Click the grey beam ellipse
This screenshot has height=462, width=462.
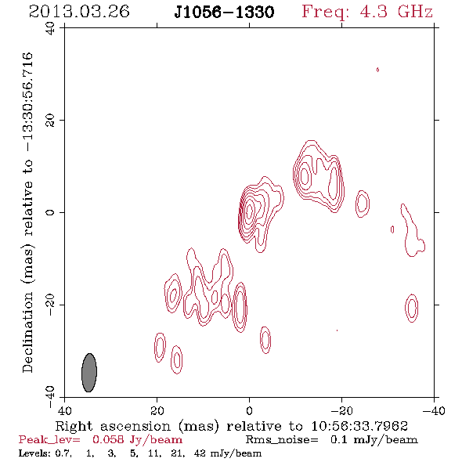[89, 373]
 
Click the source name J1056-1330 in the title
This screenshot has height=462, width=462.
[224, 13]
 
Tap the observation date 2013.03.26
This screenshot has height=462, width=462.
[79, 12]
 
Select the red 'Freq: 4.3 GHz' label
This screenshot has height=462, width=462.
[367, 13]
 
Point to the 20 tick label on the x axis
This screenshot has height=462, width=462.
[157, 410]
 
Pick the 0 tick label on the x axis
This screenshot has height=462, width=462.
[249, 410]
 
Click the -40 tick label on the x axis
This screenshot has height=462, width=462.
[433, 410]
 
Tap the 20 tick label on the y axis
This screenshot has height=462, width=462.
[50, 121]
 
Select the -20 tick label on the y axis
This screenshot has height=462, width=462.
[50, 304]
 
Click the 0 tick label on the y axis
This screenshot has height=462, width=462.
[50, 212]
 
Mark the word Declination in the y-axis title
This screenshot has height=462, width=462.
[27, 332]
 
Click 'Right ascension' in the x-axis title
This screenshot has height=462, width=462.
[113, 426]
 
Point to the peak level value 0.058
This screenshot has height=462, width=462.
[108, 440]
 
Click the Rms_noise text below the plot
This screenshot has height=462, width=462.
[282, 440]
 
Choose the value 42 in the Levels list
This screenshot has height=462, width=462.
[200, 453]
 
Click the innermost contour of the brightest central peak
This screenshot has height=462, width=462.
[249, 211]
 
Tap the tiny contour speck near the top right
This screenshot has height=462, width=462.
[377, 70]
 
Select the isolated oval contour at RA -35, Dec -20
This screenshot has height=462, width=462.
[412, 308]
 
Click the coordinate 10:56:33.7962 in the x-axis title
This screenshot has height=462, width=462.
[359, 426]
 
